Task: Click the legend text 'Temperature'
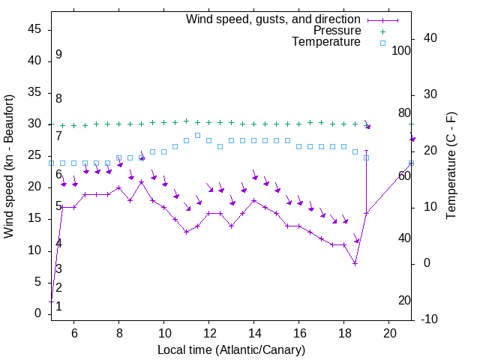click(326, 42)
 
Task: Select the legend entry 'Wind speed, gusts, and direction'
click(273, 19)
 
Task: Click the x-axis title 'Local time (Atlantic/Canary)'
click(231, 349)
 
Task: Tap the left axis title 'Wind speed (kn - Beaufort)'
click(9, 166)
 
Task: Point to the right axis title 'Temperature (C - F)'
click(451, 166)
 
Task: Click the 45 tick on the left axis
click(34, 29)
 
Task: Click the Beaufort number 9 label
click(58, 55)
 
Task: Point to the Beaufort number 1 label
click(58, 306)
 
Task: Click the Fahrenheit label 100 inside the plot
click(402, 51)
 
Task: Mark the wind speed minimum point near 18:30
click(355, 263)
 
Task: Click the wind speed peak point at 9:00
click(141, 181)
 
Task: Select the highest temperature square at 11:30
click(197, 135)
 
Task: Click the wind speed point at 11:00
click(186, 232)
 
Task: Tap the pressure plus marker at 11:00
click(186, 121)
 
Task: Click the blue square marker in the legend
click(382, 43)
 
